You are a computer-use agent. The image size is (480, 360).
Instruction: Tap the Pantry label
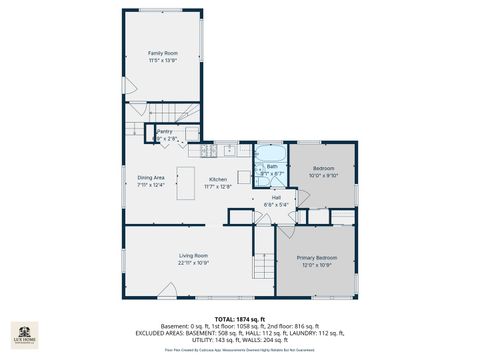[164, 131]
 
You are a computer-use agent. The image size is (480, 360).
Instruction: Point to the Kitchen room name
[218, 178]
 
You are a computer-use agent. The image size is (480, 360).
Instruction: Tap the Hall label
[275, 198]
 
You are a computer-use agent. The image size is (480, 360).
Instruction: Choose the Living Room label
[193, 257]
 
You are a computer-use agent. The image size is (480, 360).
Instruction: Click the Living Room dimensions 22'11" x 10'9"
[193, 264]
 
